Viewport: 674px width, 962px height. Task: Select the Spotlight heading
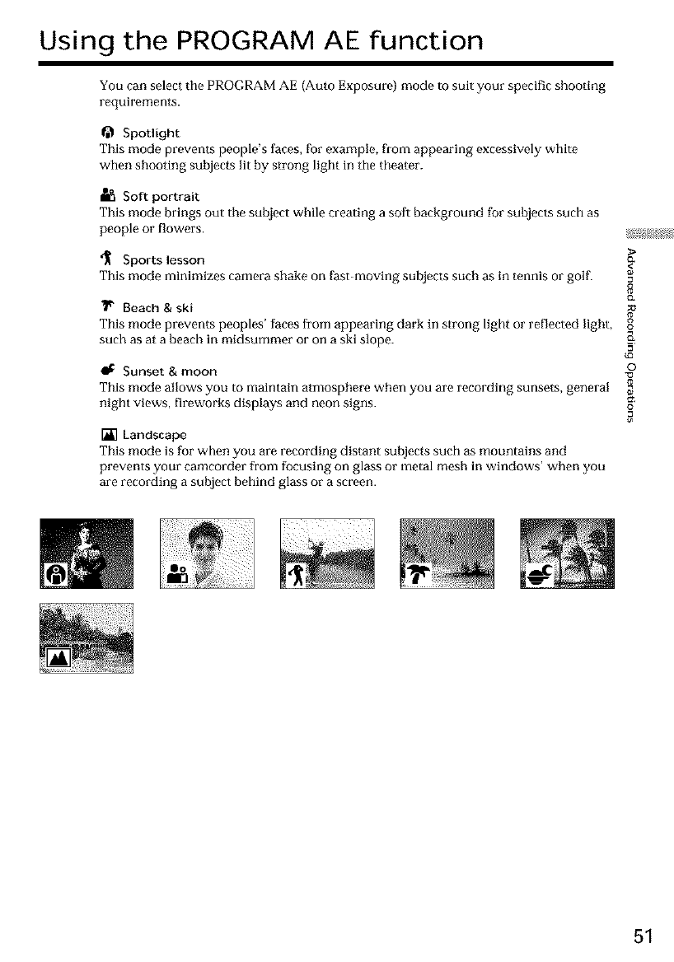tap(150, 133)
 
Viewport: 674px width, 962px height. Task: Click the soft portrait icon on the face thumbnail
tap(177, 574)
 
